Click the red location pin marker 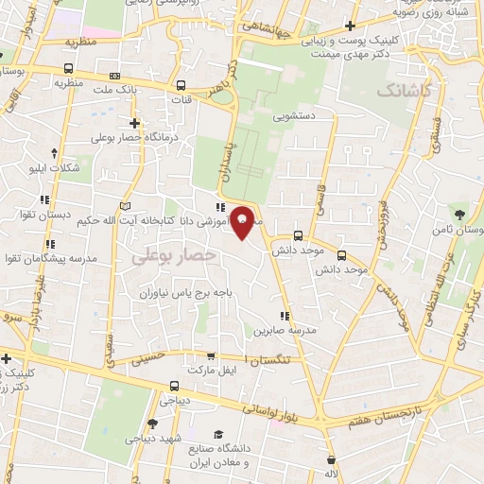coord(242,221)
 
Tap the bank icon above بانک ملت coord(115,76)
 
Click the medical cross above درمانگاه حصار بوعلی coord(134,122)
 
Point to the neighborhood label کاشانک coord(404,91)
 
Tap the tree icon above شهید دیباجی coord(153,424)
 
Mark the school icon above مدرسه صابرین coord(283,316)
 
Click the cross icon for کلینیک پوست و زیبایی coord(351,26)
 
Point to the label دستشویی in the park coord(297,118)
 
